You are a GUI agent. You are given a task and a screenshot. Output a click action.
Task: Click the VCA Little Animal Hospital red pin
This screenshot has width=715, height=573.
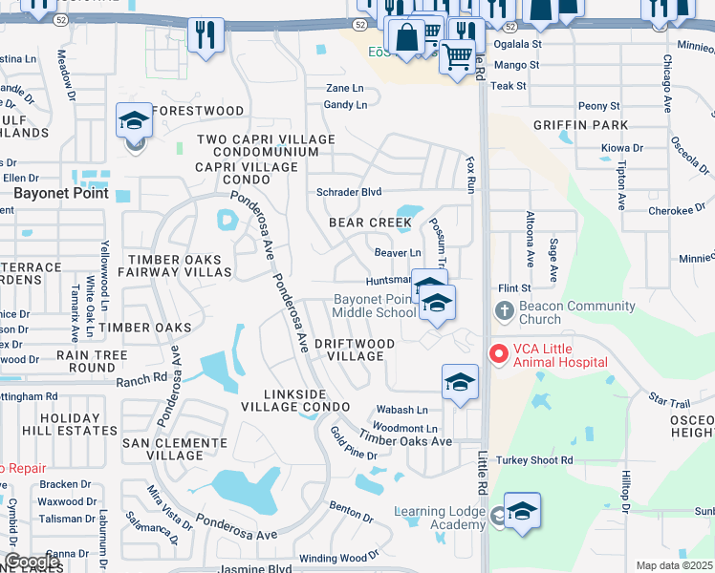pyautogui.click(x=498, y=354)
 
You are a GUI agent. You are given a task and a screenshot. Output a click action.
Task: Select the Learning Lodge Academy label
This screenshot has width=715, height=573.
pyautogui.click(x=441, y=519)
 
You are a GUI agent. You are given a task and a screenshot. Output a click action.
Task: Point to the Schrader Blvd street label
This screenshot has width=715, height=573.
pyautogui.click(x=349, y=192)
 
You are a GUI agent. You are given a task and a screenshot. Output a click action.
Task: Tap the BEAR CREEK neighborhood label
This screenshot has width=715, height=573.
pyautogui.click(x=370, y=223)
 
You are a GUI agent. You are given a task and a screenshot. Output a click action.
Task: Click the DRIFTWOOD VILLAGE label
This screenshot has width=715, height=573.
pyautogui.click(x=354, y=350)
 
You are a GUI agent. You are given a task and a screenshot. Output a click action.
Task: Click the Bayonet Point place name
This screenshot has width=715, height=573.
pyautogui.click(x=53, y=193)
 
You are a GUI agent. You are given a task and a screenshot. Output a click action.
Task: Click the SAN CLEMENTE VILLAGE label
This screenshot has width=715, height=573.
pyautogui.click(x=174, y=449)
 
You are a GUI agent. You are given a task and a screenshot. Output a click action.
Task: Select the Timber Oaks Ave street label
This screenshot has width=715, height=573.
pyautogui.click(x=405, y=441)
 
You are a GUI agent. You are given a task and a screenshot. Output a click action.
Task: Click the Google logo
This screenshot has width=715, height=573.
pyautogui.click(x=32, y=562)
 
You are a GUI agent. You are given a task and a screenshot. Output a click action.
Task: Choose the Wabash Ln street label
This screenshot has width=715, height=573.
pyautogui.click(x=401, y=410)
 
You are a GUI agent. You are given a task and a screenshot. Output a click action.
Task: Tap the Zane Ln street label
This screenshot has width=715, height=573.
pyautogui.click(x=344, y=88)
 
